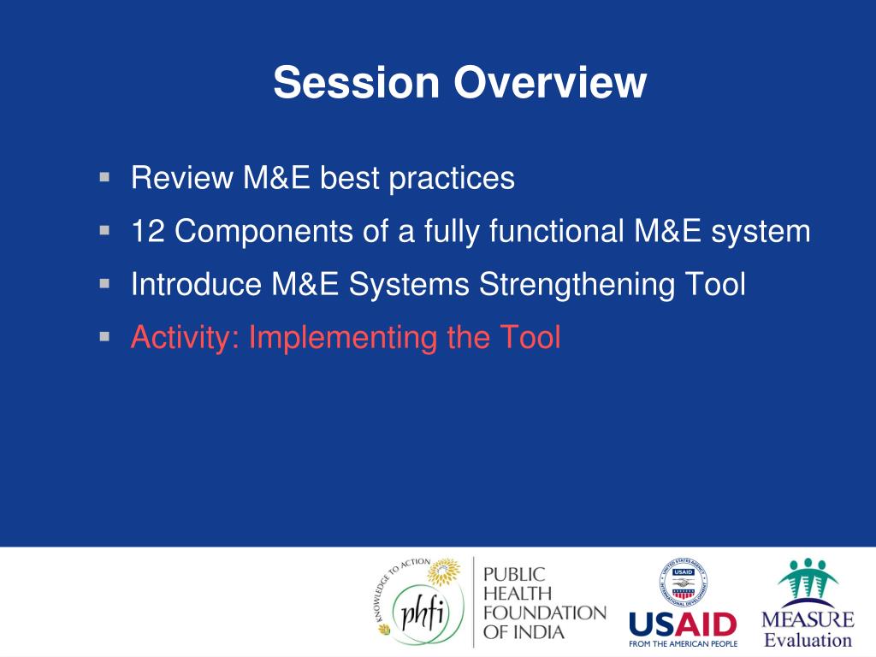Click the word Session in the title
coord(357,82)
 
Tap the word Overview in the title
coord(550,82)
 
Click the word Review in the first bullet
coord(182,178)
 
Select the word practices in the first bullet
coord(452,179)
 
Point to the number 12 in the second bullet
coord(148,231)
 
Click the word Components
coord(263,232)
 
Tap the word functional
coord(557,231)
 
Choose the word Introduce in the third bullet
coord(197,284)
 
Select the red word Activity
coord(186,338)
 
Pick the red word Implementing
coord(342,338)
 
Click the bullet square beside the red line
coord(104,336)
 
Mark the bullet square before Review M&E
coord(104,177)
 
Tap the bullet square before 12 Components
coord(104,230)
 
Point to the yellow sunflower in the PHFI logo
coord(445,571)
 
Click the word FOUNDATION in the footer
coord(545,613)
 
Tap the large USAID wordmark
coord(683,624)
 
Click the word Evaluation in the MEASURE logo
coord(808,640)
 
